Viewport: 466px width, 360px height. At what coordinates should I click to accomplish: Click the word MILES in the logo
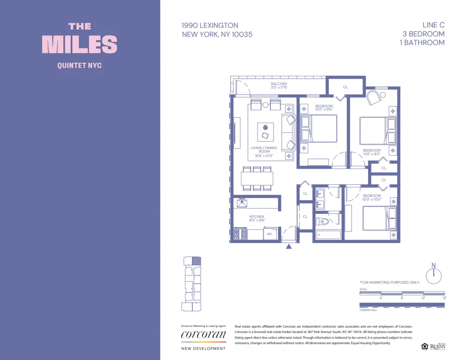tap(80, 44)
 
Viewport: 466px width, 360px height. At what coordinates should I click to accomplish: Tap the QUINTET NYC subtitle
tap(79, 66)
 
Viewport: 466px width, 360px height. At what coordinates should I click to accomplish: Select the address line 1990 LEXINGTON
tap(210, 26)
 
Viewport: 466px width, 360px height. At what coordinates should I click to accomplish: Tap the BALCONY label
tap(279, 84)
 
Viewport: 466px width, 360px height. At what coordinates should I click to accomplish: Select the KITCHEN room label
tap(256, 217)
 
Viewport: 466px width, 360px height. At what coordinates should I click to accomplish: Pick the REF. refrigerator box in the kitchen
tap(269, 234)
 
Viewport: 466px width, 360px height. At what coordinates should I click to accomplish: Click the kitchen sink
tap(242, 203)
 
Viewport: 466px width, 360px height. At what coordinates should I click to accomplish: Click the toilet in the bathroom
tap(322, 221)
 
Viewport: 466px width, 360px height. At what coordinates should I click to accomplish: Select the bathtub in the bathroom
tap(328, 235)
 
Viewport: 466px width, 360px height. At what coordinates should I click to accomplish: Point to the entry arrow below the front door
tap(289, 246)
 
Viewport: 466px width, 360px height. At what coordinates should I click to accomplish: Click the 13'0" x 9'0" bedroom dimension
tap(324, 110)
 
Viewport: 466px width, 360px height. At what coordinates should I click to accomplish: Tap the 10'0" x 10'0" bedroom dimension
tap(372, 199)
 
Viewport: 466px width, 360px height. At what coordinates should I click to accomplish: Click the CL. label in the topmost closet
tap(346, 87)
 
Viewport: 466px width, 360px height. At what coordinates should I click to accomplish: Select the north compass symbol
tap(433, 274)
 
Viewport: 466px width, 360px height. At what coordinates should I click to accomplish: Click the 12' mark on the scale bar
tap(423, 298)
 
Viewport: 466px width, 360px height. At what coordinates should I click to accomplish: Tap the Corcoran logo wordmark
tap(203, 335)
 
